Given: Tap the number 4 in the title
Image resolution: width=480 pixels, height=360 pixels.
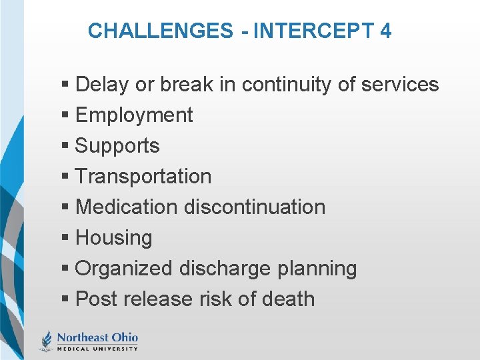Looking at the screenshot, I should click(385, 31).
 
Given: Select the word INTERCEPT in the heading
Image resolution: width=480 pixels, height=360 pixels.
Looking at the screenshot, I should click(300, 31).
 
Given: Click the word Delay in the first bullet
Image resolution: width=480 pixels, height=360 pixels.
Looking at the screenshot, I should click(103, 85).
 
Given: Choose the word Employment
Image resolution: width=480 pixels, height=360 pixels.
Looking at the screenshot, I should click(134, 115).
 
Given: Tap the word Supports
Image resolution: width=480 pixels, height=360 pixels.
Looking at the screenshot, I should click(117, 146).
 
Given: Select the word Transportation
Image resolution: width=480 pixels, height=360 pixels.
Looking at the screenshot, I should click(143, 177).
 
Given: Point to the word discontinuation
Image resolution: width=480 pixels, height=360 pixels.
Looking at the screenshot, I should click(255, 207).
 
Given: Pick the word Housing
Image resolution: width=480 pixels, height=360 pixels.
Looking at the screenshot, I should click(114, 238).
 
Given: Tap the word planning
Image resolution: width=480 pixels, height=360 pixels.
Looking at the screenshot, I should click(315, 269).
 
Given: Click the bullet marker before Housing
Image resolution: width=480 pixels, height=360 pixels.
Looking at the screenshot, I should click(65, 239).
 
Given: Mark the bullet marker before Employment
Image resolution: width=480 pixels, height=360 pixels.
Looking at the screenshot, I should click(65, 116).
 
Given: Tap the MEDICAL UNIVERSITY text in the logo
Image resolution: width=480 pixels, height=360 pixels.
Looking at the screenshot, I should click(97, 348).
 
